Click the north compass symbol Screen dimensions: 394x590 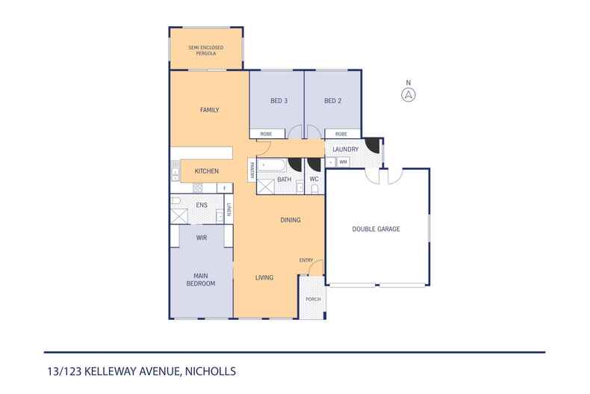(408, 94)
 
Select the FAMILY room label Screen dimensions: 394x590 (209, 110)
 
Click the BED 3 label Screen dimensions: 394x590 (277, 101)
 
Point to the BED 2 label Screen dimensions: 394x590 (332, 101)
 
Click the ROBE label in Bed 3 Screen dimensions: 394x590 (266, 134)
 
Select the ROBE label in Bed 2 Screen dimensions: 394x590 (341, 134)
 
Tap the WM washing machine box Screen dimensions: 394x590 (343, 161)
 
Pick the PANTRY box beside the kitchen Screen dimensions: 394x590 (252, 170)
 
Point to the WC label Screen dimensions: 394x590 (314, 179)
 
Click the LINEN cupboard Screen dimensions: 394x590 (229, 212)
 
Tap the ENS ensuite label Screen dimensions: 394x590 (201, 204)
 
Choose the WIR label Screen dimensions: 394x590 (201, 237)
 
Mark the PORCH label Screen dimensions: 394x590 (313, 299)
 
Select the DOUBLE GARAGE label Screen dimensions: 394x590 (376, 229)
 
